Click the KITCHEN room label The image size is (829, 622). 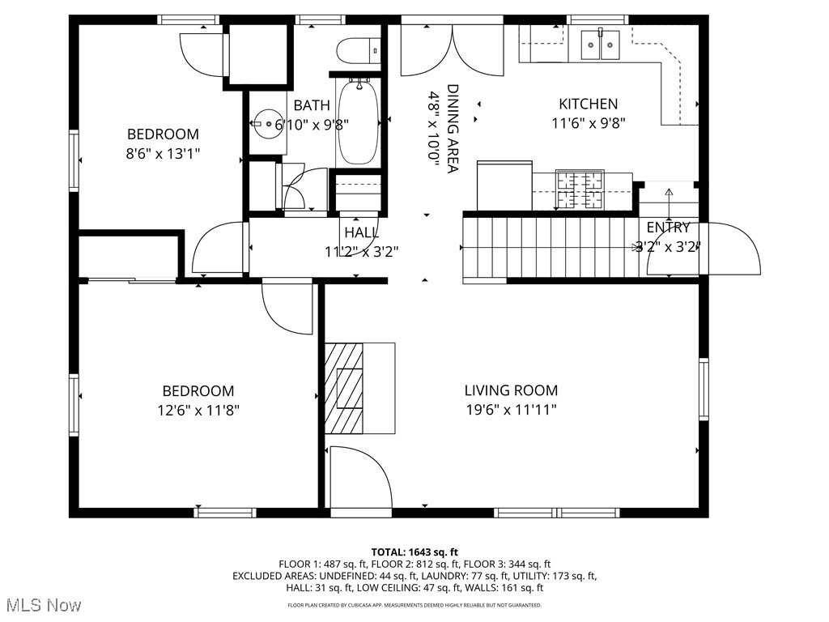[x=588, y=104]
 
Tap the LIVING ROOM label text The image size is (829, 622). [x=511, y=390]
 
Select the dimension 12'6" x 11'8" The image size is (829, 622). [x=198, y=411]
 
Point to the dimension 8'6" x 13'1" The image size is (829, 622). [x=163, y=153]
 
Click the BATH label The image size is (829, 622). [x=312, y=105]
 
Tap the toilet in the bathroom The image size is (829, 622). [x=357, y=51]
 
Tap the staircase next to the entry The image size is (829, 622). [x=551, y=246]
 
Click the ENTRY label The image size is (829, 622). [x=668, y=228]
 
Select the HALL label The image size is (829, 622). [x=361, y=232]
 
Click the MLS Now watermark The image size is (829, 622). [x=41, y=605]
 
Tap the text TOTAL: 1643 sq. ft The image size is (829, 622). [x=414, y=552]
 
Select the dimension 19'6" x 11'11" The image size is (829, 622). [x=511, y=410]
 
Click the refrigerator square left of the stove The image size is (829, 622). [x=504, y=185]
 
